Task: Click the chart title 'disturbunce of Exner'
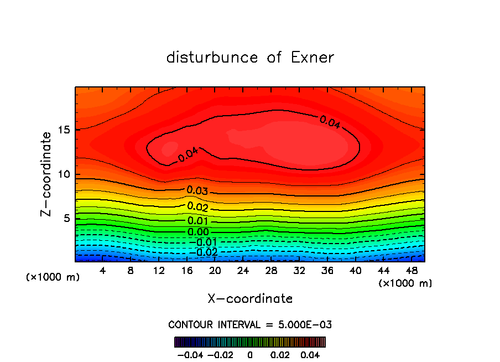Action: (250, 58)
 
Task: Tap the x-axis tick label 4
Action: (103, 271)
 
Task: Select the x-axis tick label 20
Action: (215, 271)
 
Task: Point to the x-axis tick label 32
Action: (299, 271)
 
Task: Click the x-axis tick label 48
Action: (412, 271)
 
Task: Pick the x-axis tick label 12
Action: (159, 271)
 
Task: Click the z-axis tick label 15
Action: (64, 130)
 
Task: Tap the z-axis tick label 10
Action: (64, 174)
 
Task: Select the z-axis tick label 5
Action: (67, 218)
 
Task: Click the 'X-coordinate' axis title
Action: (250, 299)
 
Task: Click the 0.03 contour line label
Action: (197, 191)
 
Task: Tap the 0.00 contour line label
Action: (198, 232)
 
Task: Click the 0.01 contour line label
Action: (197, 221)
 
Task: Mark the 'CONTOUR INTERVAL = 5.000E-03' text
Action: (250, 324)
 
